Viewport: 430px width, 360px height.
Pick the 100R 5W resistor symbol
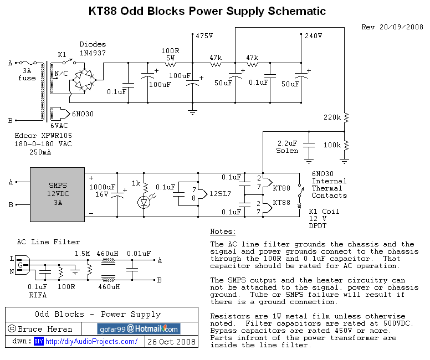coord(170,64)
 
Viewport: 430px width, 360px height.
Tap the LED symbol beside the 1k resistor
coord(145,203)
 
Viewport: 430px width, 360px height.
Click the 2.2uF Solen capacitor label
coord(288,147)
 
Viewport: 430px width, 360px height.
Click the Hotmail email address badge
coord(139,328)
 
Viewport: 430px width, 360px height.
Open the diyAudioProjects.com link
coord(91,342)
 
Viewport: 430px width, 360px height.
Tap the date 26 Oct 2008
coord(172,342)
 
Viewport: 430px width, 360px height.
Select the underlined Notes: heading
coord(223,232)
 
